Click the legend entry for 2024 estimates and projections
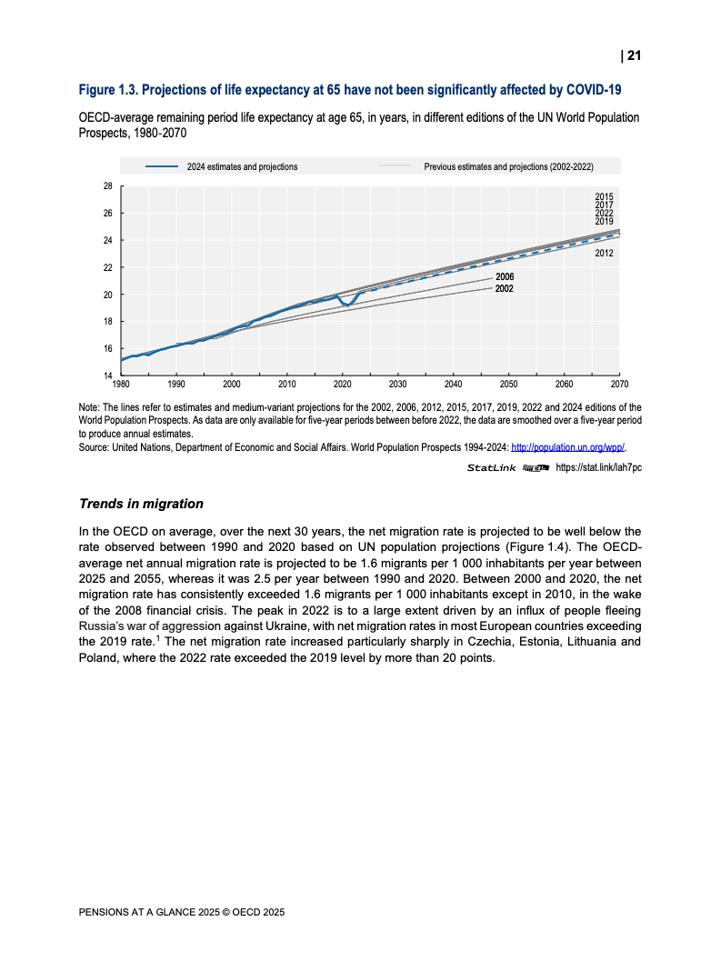pos(242,167)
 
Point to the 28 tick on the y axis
pos(108,186)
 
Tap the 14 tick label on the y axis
pos(108,375)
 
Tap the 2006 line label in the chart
pos(505,276)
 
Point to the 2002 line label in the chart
pos(505,288)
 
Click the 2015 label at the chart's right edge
pos(604,196)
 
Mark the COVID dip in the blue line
pos(347,304)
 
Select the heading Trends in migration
pos(141,504)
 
